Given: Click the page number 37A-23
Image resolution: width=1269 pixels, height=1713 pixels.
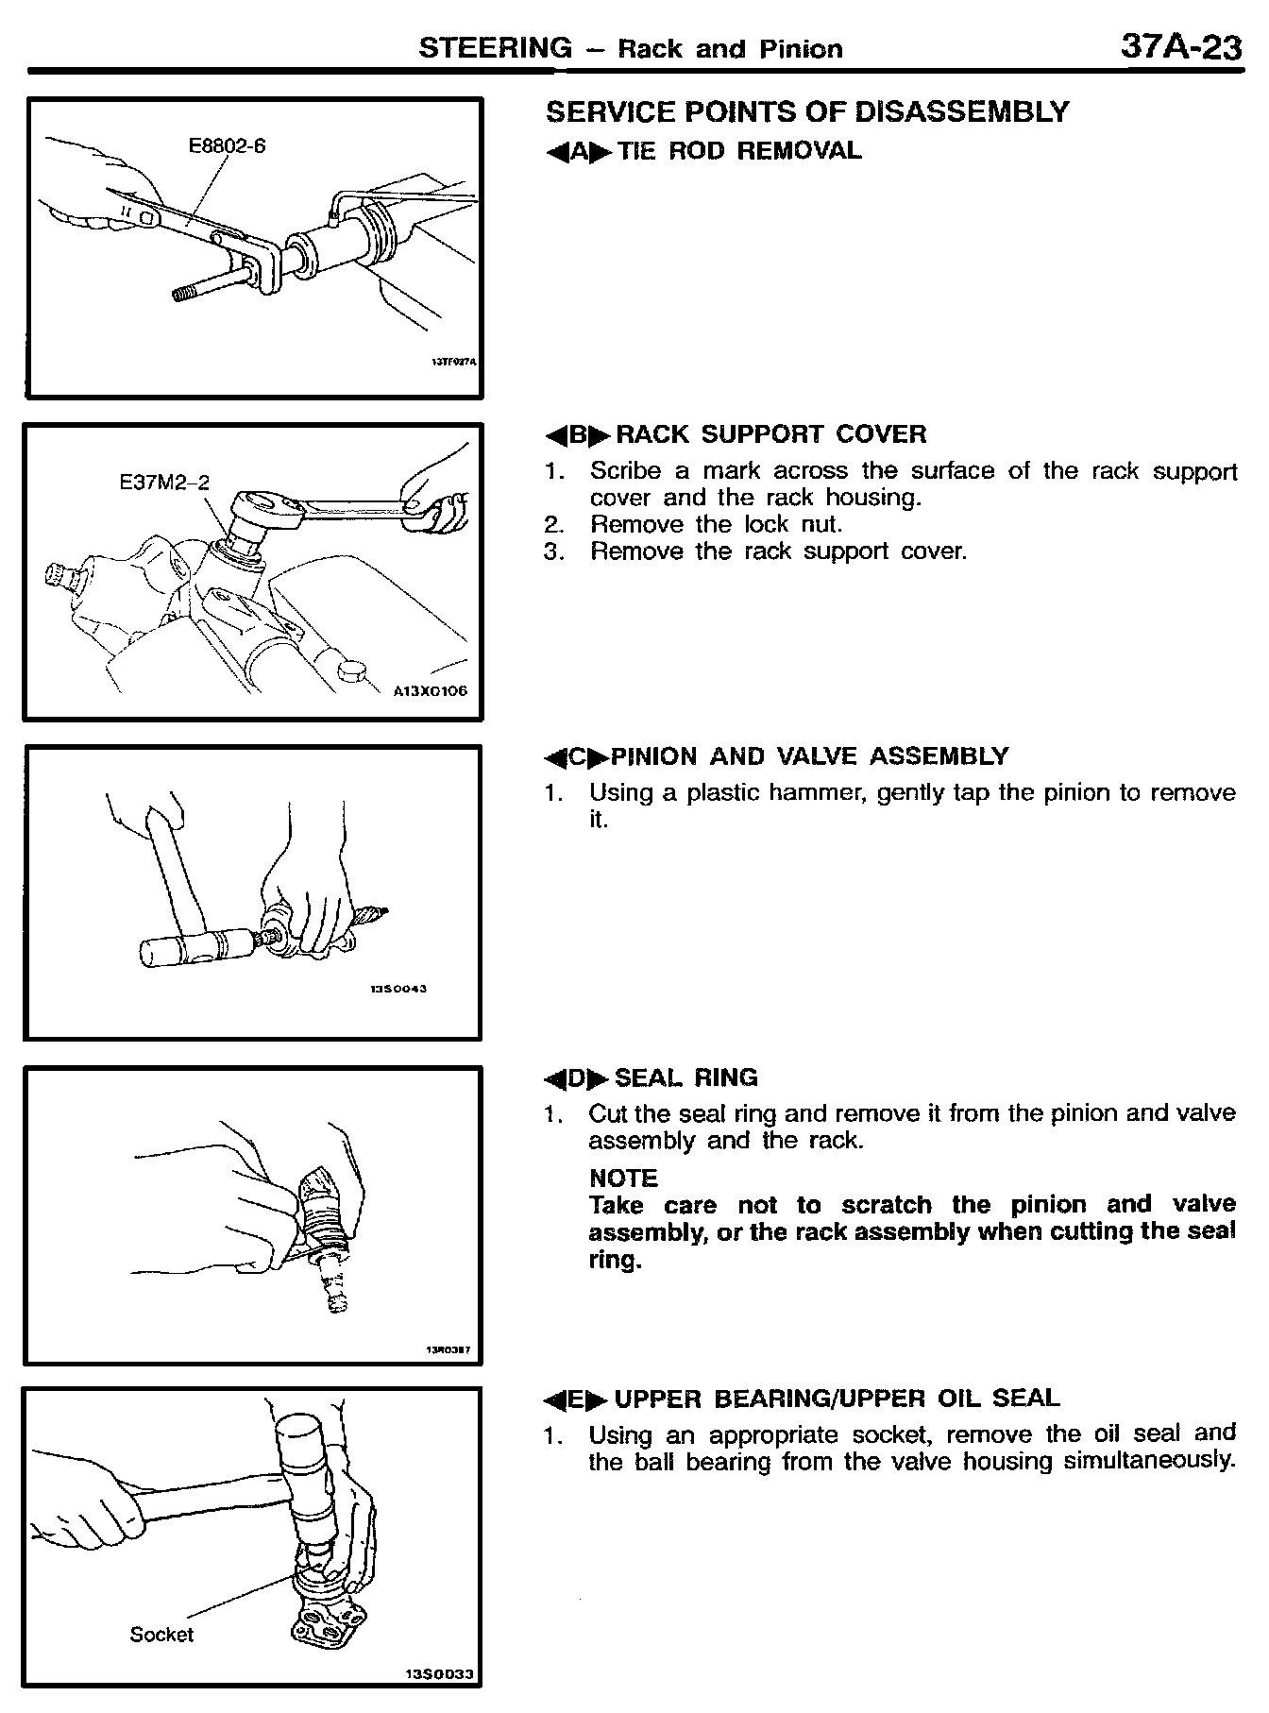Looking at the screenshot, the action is click(1180, 46).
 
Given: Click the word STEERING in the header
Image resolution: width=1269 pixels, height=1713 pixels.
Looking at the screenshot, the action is click(495, 47).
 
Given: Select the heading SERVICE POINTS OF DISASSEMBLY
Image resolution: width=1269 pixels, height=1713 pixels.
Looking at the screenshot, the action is click(807, 112).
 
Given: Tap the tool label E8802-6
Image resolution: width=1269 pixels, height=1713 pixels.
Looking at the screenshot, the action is click(227, 145).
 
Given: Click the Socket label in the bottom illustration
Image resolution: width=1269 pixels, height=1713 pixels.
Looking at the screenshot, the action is click(161, 1635).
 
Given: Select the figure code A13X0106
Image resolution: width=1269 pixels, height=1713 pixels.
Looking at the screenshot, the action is click(430, 690).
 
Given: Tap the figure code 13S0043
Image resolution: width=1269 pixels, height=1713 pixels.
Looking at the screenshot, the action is click(398, 989).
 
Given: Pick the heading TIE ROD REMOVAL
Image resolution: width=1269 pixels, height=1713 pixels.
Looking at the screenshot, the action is click(739, 151).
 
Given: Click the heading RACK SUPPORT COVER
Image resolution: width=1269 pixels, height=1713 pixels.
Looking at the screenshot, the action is click(770, 434).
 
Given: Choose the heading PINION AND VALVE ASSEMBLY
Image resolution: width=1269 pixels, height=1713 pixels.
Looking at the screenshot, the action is click(809, 756).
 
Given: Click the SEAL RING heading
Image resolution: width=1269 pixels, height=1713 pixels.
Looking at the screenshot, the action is click(685, 1077).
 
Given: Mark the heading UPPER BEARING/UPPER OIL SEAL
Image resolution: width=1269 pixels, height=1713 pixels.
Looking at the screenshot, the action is click(837, 1399).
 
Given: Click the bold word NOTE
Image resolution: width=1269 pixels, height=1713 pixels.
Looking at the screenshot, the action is click(623, 1178).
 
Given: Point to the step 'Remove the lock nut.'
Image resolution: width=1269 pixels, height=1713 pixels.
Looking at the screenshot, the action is click(716, 524).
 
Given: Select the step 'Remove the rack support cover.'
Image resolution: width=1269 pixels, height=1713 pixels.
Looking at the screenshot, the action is click(778, 551).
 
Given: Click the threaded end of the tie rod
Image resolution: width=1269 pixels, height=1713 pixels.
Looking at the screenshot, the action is click(190, 294).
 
